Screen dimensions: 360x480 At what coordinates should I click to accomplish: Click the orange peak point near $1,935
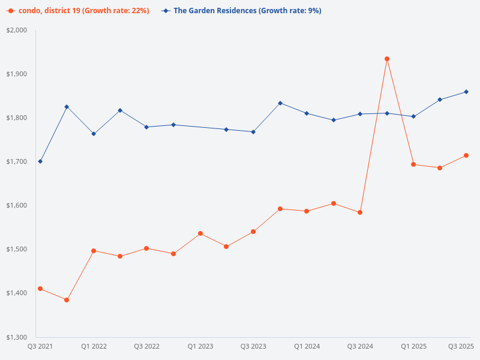tap(387, 59)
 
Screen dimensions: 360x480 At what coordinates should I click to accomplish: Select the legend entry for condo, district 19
tap(78, 11)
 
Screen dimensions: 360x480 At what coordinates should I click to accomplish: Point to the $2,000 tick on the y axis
tap(17, 30)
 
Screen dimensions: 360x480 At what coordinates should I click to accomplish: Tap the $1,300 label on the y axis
tap(17, 337)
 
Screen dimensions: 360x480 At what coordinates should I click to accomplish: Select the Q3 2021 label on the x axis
tap(40, 346)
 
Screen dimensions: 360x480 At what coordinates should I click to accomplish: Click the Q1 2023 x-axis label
tap(200, 346)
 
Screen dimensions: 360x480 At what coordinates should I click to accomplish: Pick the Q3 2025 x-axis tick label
tap(461, 346)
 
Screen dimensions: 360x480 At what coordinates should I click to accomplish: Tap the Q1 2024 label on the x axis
tap(307, 346)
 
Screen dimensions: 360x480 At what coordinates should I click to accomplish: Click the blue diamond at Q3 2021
tap(40, 161)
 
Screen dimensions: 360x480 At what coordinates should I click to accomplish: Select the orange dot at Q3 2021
tap(40, 289)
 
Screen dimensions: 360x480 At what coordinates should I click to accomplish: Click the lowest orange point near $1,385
tap(67, 300)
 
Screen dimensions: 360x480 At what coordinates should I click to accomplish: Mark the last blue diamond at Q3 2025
tap(466, 92)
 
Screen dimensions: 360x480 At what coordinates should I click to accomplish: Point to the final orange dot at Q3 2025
tap(466, 155)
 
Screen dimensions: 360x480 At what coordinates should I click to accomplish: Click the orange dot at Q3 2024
tap(360, 212)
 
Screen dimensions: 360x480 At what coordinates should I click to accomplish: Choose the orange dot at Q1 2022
tap(94, 251)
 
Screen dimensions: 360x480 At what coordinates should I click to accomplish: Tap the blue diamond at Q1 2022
tap(94, 134)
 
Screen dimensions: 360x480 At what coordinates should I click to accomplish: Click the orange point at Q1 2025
tap(413, 164)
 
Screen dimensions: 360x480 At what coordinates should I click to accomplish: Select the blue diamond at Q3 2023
tap(253, 132)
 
